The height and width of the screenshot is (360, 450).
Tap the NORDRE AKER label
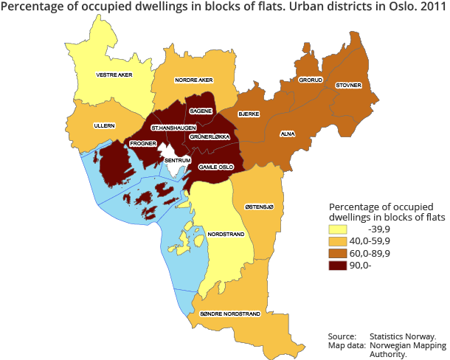(x=193, y=80)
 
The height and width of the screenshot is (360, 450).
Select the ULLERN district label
(x=103, y=126)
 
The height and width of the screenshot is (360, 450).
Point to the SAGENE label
(x=201, y=111)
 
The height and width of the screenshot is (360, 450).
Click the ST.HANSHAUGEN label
(x=167, y=128)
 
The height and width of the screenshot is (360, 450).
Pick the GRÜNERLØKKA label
(x=210, y=137)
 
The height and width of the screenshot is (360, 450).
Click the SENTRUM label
(x=178, y=159)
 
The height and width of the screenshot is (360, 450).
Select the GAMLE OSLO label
(x=218, y=167)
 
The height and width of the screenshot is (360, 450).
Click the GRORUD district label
(x=311, y=80)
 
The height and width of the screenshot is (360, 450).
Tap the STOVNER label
(x=348, y=86)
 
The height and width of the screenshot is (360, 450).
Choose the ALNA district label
(x=288, y=134)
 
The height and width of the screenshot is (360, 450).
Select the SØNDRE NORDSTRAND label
(x=231, y=314)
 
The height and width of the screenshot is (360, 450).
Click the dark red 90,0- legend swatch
(x=337, y=266)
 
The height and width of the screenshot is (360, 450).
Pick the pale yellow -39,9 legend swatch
(x=337, y=229)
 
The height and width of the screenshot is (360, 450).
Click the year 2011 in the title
(x=430, y=8)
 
